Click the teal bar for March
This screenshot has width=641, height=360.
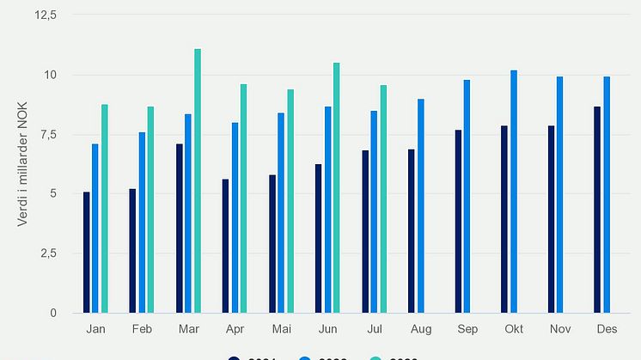pos(198,180)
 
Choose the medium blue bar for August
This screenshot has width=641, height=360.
pos(421,205)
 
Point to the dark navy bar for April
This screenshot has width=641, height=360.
pos(226,246)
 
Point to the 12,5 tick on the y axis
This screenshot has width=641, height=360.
pos(44,15)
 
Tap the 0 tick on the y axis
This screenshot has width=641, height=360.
pos(53,313)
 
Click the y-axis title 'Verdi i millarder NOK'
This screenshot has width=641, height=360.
pos(23,163)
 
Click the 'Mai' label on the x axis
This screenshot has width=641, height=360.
pos(281,329)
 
